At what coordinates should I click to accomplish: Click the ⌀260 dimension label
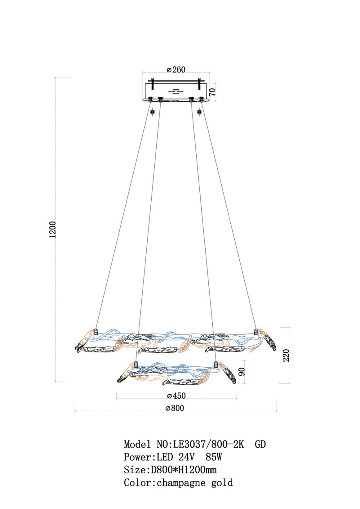pos(176,69)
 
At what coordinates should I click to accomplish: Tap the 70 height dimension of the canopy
pos(212,92)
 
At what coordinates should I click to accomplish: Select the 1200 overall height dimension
pos(52,229)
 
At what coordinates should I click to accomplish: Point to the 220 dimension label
pos(286,355)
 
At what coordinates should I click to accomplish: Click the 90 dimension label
pos(242,371)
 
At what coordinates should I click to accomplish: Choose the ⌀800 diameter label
pos(175,408)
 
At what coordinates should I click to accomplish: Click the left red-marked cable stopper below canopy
pos(152,112)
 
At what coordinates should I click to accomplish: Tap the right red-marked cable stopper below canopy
pos(199,112)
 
